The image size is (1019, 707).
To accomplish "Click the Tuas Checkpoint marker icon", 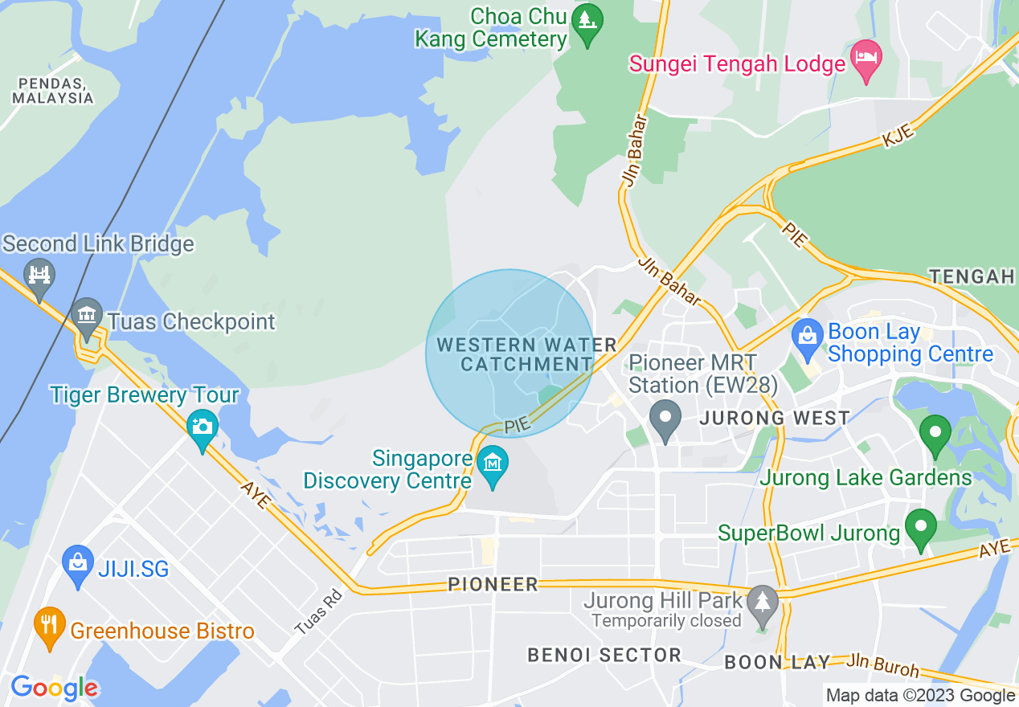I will click(86, 317).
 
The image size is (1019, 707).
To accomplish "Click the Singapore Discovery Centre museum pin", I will click(493, 464).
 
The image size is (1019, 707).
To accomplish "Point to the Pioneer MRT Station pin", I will click(665, 419).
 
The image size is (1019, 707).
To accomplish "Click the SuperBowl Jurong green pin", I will click(921, 528).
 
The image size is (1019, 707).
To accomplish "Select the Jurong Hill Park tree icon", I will click(762, 600).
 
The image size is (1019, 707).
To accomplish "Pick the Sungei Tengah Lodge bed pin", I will click(866, 59).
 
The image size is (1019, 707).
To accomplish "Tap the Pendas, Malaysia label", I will click(52, 90).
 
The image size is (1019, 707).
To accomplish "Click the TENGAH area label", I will click(972, 276).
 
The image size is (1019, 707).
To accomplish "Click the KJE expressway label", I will click(898, 137).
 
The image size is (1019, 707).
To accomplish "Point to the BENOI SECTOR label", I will click(604, 655).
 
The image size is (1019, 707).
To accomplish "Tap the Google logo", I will click(54, 688).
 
